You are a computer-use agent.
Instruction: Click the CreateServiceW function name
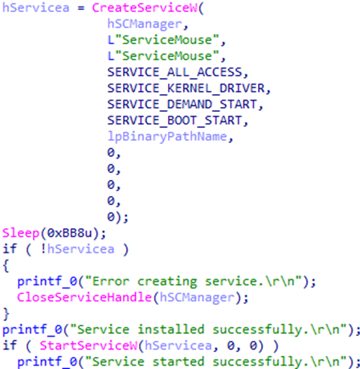(145, 8)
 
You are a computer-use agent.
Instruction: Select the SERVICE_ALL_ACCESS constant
(175, 72)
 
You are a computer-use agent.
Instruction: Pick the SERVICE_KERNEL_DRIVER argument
(186, 88)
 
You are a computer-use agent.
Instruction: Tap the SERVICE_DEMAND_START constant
(182, 105)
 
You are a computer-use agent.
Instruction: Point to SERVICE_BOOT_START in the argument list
(175, 121)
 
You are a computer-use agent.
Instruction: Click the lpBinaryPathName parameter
(167, 137)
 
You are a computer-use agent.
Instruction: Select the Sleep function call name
(21, 233)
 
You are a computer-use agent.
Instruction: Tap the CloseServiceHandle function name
(84, 297)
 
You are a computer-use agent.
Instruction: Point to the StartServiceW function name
(88, 346)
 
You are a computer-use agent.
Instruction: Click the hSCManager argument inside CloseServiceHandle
(197, 297)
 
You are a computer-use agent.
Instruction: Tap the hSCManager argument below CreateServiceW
(145, 24)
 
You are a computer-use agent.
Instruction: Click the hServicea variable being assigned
(36, 8)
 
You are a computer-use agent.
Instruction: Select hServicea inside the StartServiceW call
(178, 346)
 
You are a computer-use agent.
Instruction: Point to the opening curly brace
(6, 266)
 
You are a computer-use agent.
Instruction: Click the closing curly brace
(6, 314)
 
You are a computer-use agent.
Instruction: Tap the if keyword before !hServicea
(10, 249)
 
